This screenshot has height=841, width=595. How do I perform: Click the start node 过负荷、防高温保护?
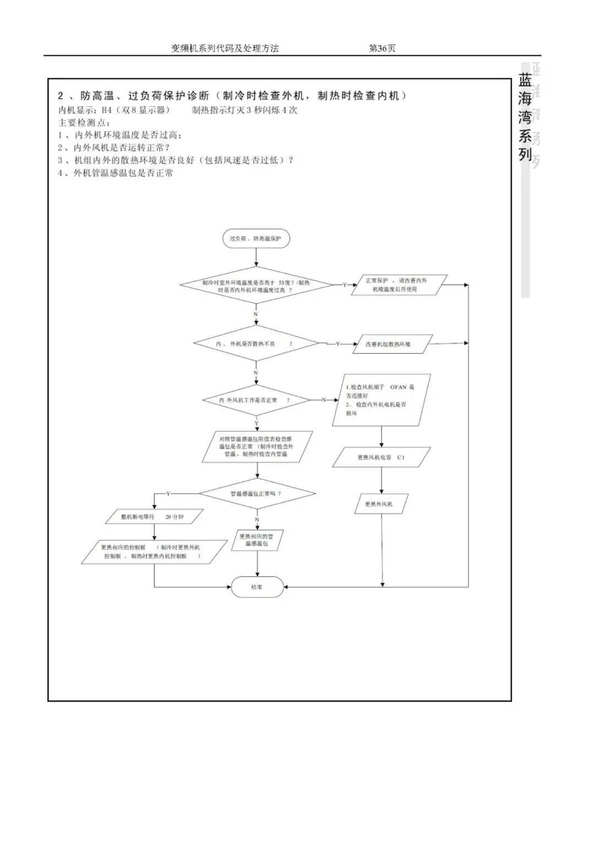(255, 238)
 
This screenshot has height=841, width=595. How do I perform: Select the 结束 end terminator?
(257, 587)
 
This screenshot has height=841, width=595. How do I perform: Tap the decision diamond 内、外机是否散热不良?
(256, 344)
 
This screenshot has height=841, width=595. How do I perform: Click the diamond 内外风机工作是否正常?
(256, 400)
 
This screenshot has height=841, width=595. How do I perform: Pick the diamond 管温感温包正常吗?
(257, 493)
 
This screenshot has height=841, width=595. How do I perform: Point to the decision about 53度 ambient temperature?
(256, 285)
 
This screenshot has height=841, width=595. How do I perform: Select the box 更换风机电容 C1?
(381, 457)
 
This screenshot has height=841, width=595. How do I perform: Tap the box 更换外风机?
(379, 504)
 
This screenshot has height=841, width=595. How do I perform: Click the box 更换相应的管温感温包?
(257, 540)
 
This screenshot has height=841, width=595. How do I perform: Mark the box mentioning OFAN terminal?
(381, 400)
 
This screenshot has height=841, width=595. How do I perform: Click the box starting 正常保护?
(398, 285)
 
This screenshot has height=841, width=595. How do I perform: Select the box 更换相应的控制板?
(154, 552)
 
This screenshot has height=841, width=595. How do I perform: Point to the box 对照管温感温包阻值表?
(257, 447)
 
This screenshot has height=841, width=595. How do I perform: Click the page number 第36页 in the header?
(382, 48)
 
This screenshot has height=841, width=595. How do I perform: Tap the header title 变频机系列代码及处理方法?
(225, 48)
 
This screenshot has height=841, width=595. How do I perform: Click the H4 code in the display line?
(106, 110)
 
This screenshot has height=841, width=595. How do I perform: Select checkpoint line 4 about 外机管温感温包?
(116, 173)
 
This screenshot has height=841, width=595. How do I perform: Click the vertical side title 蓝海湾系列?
(525, 118)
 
